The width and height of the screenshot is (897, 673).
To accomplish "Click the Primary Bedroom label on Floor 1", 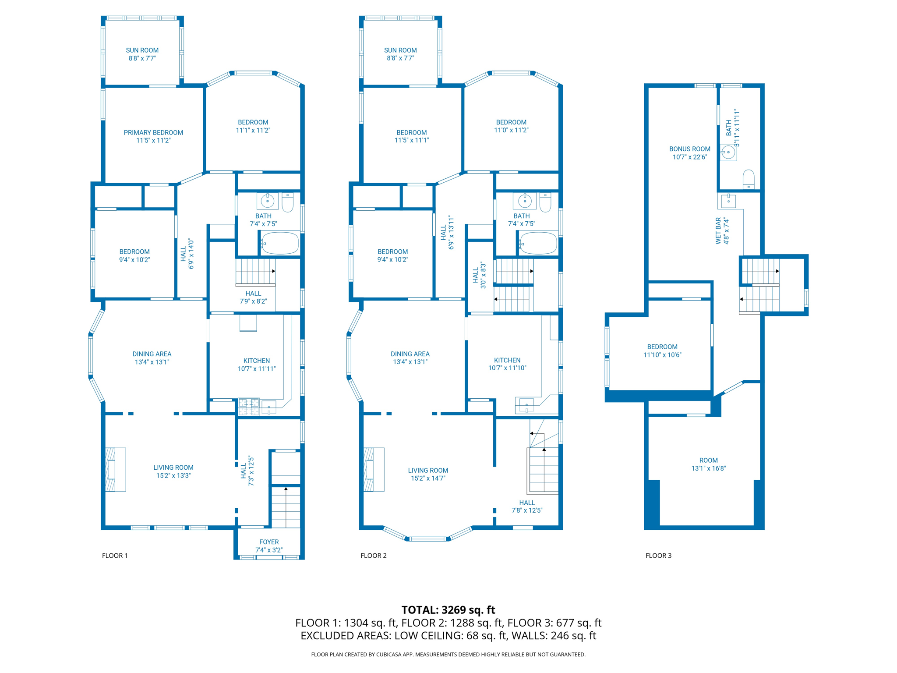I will coord(153,132).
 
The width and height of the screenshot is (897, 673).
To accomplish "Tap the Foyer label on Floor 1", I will coord(268,542).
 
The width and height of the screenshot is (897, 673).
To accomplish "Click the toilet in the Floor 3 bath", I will coord(749,180).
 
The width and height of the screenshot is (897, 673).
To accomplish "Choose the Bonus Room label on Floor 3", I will coord(689,149).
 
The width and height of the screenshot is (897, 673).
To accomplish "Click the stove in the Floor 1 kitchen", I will coord(248,407).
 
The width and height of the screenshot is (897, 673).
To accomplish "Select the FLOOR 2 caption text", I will coord(373,556).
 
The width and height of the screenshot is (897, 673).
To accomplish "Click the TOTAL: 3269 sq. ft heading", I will coord(448,609).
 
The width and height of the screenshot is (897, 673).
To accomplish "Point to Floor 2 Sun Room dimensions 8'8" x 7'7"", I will coord(400,58).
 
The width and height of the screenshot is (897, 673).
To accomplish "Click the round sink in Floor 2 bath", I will coord(524,201).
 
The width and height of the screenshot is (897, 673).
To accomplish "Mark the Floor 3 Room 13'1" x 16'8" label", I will coord(708,464).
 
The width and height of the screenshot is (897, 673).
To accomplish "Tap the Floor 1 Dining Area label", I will coord(152,354).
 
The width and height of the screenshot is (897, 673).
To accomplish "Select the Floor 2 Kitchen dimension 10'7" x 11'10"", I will coord(507,368).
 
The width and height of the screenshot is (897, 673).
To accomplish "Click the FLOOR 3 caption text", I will coord(658,556).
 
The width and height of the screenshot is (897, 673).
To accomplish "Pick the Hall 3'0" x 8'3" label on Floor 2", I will coord(479,275).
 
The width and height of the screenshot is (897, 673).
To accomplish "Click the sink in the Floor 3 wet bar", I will coord(728,201).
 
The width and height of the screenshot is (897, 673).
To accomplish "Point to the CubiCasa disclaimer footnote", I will coord(448,654).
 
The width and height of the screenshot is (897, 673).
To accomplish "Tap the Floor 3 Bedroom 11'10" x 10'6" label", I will coord(662,351).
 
